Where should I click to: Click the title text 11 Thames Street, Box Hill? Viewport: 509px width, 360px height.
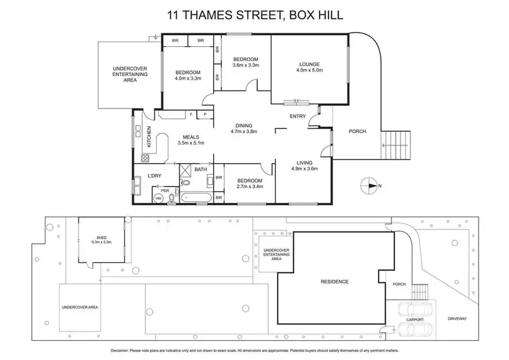coord(254,13)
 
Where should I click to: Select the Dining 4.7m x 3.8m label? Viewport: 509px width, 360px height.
coord(242,130)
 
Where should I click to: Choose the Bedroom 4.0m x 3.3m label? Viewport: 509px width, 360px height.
coord(188,75)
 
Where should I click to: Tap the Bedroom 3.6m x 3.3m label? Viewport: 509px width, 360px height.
coord(245,62)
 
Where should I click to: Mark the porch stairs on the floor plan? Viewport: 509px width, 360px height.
coord(397,144)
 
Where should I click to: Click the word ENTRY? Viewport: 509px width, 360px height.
coord(297,116)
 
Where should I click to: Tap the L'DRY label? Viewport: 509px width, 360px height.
coord(155,177)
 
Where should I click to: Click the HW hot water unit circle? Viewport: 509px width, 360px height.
coord(158,198)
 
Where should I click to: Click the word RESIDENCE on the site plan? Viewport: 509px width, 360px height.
coord(335,281)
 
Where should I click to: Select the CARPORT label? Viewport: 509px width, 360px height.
coord(415,319)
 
